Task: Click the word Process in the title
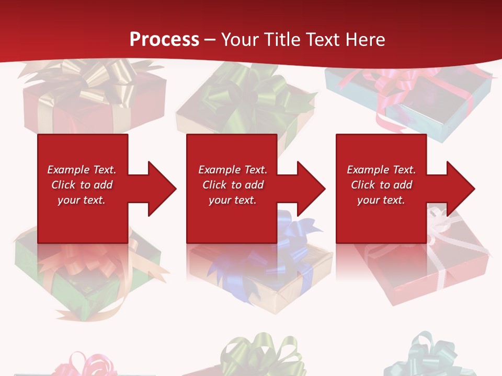point(164,39)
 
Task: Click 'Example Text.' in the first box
point(82,170)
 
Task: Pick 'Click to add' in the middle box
point(233,185)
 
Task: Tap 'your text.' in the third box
point(381,200)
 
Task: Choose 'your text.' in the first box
point(82,200)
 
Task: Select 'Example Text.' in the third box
point(381,170)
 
